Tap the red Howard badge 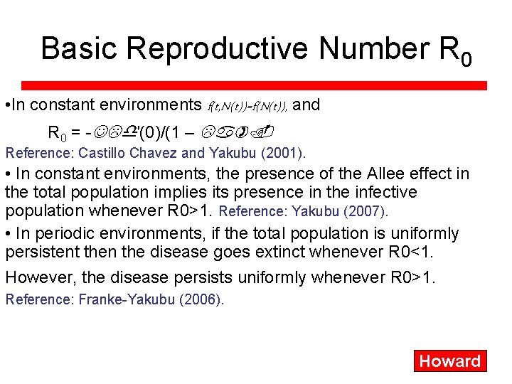pos(449,361)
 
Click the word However pos(36,277)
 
